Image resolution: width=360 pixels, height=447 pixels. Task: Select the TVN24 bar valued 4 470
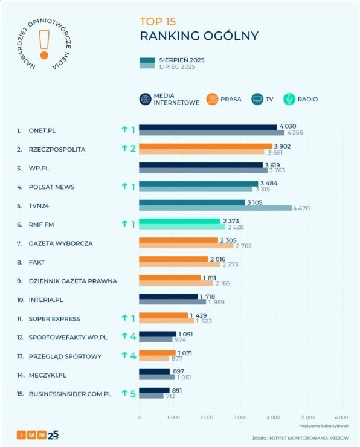[215, 208]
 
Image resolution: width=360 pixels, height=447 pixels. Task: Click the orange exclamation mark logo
[43, 43]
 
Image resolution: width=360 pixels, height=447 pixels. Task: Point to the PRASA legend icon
[212, 99]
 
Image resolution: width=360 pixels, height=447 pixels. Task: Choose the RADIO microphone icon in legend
[289, 99]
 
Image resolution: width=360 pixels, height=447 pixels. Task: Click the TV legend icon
[257, 99]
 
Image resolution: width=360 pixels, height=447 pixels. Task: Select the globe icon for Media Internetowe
[145, 99]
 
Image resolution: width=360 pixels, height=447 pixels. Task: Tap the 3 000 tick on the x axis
[240, 417]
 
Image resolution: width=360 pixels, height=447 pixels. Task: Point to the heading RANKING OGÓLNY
[199, 36]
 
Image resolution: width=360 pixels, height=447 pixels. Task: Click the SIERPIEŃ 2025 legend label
[181, 60]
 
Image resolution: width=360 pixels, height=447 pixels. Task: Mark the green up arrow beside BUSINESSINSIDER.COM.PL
[124, 393]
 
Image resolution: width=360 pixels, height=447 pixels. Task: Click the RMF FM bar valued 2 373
[179, 222]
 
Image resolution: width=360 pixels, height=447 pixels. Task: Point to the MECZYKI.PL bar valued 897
[154, 371]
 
